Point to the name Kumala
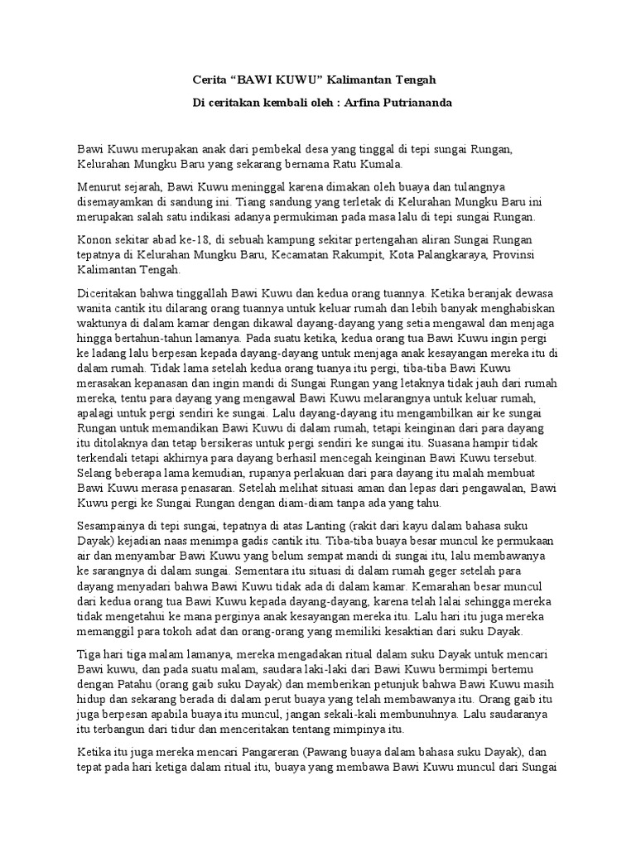(361, 166)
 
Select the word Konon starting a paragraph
(94, 240)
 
